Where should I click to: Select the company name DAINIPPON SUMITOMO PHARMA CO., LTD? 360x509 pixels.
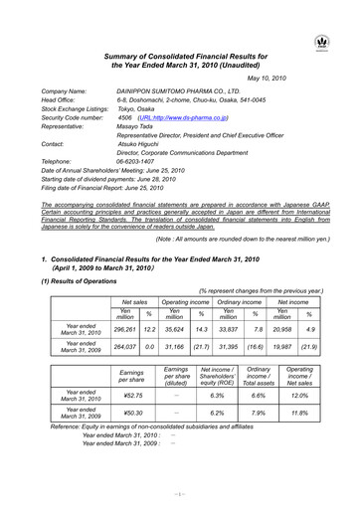173,90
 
